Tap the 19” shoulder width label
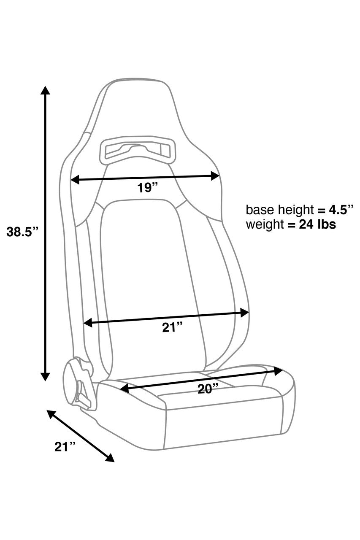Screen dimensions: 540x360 [147, 187]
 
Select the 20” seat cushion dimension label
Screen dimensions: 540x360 [208, 389]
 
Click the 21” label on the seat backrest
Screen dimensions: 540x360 [172, 327]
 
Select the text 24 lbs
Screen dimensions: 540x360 [317, 224]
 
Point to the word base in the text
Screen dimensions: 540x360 [258, 210]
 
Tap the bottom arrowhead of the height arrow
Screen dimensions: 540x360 [45, 376]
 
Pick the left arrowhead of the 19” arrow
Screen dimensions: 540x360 [75, 180]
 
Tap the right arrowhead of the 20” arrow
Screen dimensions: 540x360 [278, 371]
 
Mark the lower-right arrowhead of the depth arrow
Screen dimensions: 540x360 [110, 458]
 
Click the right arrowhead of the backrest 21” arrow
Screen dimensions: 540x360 [244, 312]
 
